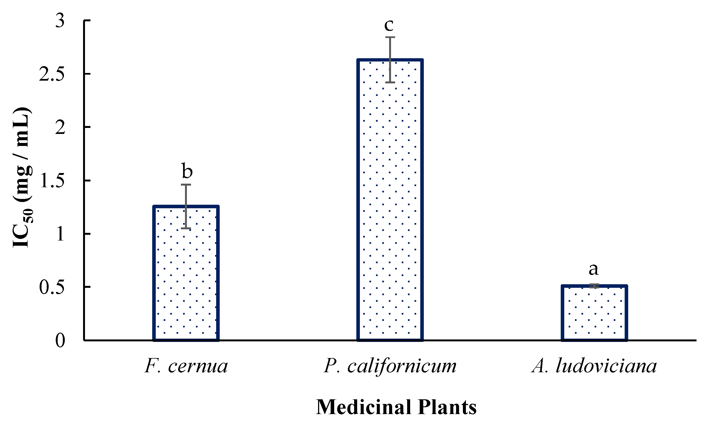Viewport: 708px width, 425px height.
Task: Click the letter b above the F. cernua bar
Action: [x=187, y=171]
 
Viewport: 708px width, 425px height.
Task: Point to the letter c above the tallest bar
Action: [x=389, y=25]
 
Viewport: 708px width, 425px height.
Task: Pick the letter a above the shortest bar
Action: [x=594, y=269]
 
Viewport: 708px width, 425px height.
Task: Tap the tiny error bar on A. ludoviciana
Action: [x=594, y=286]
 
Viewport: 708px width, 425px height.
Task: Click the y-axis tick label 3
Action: [x=60, y=21]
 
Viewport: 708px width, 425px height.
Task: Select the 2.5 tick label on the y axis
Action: [x=52, y=74]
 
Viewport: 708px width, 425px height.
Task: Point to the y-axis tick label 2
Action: [x=60, y=128]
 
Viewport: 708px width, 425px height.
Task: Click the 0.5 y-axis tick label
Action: [x=52, y=288]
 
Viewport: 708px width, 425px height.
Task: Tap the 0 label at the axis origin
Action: [x=60, y=341]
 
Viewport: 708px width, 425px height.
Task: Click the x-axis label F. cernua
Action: [x=186, y=366]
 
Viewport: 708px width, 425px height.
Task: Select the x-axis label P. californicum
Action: [x=390, y=366]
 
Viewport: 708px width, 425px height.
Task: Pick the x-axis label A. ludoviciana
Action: [x=594, y=366]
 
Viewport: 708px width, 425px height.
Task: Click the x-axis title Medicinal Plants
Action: [x=396, y=407]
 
